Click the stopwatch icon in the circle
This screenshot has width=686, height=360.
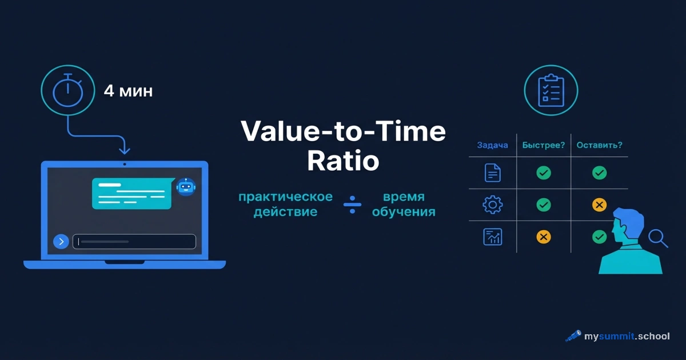point(68,91)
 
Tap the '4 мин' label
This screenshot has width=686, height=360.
point(128,91)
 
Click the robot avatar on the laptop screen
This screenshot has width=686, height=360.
point(186,186)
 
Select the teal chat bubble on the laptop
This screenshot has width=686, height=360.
point(132,193)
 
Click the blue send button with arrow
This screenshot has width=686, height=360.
point(61,242)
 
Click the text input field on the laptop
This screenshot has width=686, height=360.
point(134,242)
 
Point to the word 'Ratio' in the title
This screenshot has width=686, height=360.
point(343,161)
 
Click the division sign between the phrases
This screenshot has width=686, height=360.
point(352,204)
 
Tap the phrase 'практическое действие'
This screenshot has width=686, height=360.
point(285,204)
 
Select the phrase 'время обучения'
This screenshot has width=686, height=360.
point(404,204)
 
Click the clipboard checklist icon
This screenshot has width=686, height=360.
point(551,90)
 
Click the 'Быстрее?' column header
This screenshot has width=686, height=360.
point(544,145)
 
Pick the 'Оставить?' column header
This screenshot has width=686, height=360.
point(599,145)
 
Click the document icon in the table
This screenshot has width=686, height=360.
point(492,173)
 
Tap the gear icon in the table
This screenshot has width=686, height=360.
point(492,205)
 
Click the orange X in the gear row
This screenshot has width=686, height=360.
point(599,205)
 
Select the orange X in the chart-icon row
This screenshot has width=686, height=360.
point(544,237)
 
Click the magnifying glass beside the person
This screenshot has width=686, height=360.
point(659,238)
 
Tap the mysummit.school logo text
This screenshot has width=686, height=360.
point(626,336)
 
